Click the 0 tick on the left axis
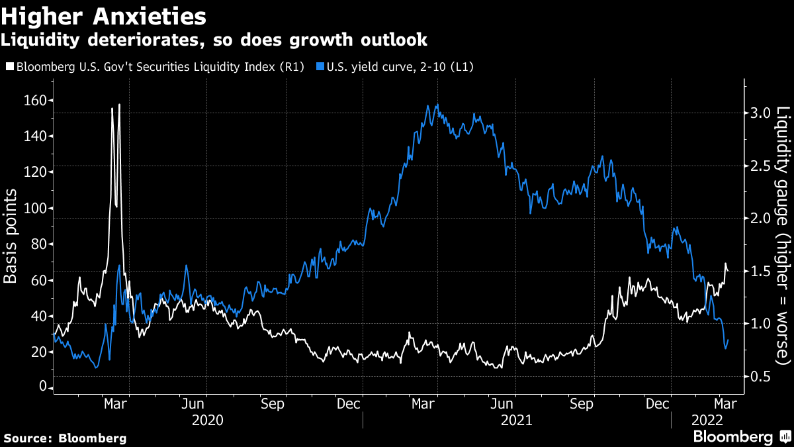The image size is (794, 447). tap(41, 387)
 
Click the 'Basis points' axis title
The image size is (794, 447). tap(11, 235)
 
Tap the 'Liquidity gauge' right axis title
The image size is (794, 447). tap(783, 235)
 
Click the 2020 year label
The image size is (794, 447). tap(207, 420)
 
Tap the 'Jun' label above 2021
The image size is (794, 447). tap(504, 403)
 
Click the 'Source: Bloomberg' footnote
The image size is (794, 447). tap(65, 438)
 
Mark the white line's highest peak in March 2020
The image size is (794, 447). tap(119, 105)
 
